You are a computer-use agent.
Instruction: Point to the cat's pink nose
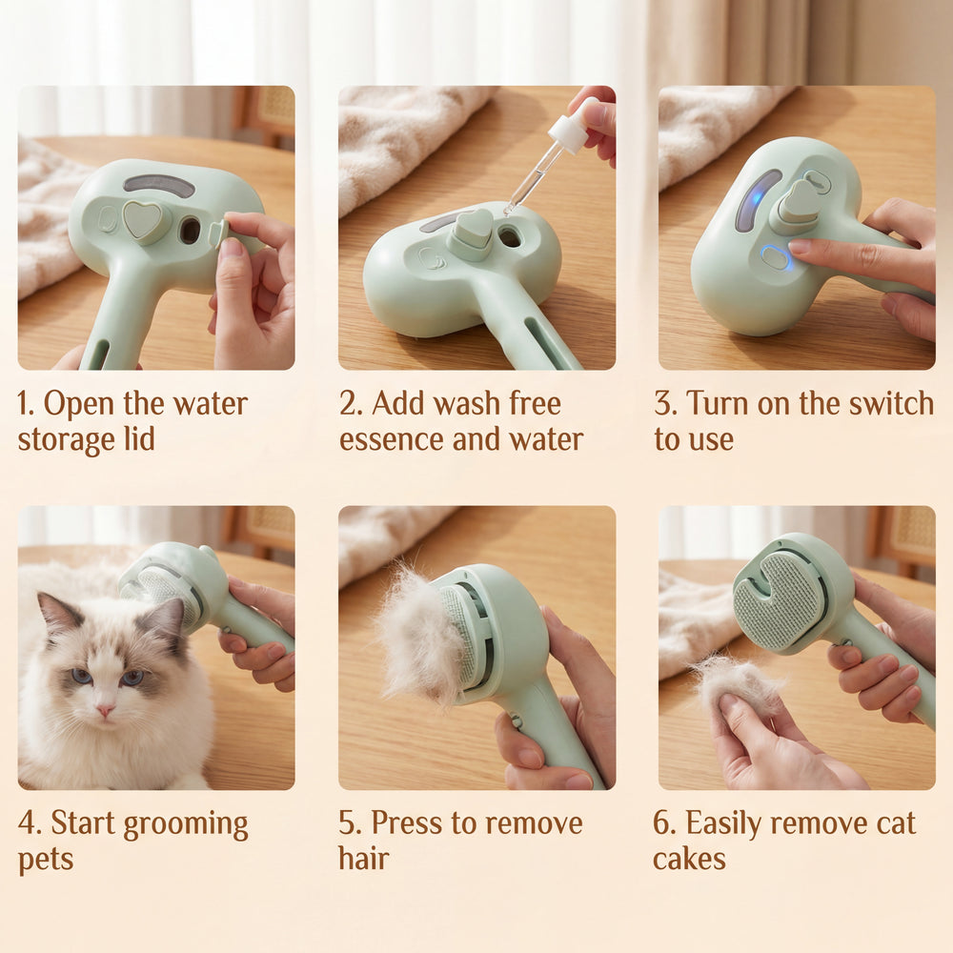tap(105, 710)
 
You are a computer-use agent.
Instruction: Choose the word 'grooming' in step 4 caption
tap(190, 825)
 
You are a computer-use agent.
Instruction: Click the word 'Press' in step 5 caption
tap(407, 823)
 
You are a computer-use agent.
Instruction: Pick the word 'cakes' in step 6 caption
tap(689, 859)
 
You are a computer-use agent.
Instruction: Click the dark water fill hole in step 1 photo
tap(191, 231)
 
